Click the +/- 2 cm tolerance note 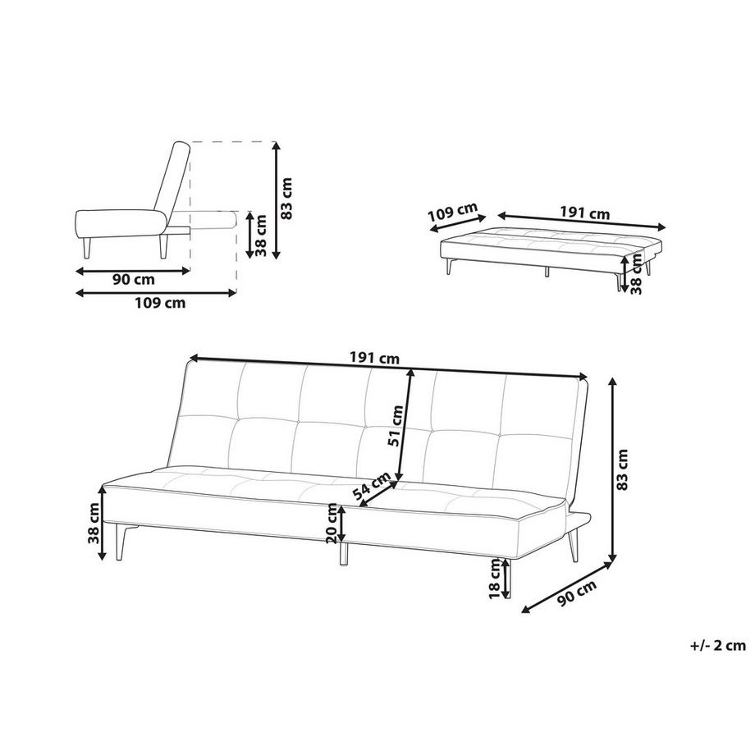pyautogui.click(x=717, y=645)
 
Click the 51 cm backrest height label pyautogui.click(x=396, y=426)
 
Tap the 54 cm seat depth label pyautogui.click(x=372, y=486)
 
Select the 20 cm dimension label pyautogui.click(x=332, y=523)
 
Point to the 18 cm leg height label pyautogui.click(x=495, y=579)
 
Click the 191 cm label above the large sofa pyautogui.click(x=374, y=359)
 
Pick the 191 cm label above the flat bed pyautogui.click(x=584, y=213)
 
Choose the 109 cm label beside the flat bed pyautogui.click(x=453, y=213)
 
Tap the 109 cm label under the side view pyautogui.click(x=159, y=303)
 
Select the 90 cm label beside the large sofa pyautogui.click(x=577, y=593)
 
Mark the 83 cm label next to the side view pyautogui.click(x=287, y=199)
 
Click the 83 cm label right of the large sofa pyautogui.click(x=622, y=469)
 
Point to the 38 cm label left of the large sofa pyautogui.click(x=94, y=523)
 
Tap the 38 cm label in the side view pyautogui.click(x=260, y=236)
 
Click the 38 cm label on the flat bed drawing pyautogui.click(x=635, y=274)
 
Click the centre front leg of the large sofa pyautogui.click(x=343, y=553)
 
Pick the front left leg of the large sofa pyautogui.click(x=120, y=542)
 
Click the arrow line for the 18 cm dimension pyautogui.click(x=506, y=579)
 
